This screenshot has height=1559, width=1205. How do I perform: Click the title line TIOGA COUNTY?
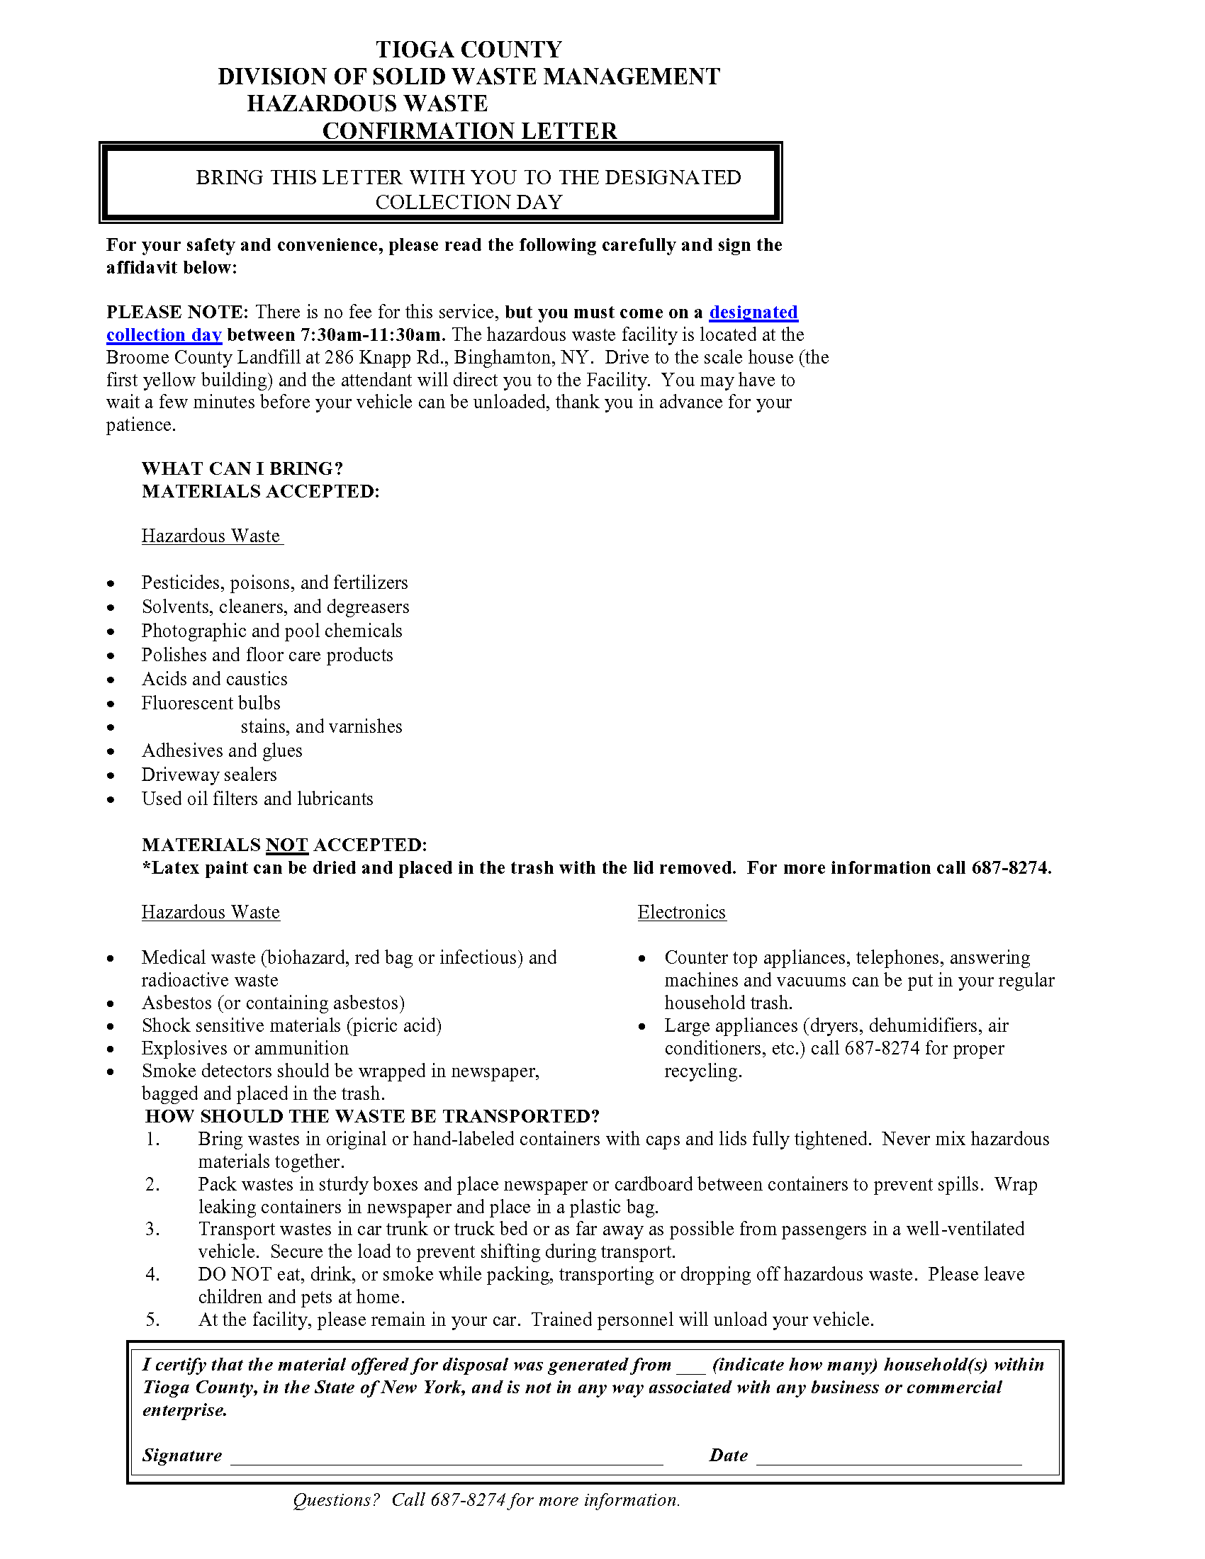click(469, 50)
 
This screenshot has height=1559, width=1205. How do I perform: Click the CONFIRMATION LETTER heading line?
click(469, 131)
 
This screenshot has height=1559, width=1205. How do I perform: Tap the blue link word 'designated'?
click(753, 313)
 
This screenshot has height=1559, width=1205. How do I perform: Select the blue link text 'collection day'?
click(164, 335)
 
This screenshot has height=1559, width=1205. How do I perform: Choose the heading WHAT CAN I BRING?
click(242, 469)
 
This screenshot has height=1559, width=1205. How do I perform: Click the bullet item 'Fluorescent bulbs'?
click(211, 703)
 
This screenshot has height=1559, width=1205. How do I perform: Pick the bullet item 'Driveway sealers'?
click(208, 775)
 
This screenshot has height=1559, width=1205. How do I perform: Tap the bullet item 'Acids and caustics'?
click(214, 679)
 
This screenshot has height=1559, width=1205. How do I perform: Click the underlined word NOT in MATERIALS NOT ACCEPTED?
click(286, 846)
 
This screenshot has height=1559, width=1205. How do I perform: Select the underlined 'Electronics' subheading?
click(682, 912)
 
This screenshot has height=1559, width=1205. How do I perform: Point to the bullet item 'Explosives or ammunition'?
click(245, 1049)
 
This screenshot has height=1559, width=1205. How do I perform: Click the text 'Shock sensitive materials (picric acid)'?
click(291, 1026)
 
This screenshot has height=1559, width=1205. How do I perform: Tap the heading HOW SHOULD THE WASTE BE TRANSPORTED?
click(372, 1116)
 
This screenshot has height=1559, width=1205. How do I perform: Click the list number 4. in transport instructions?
click(153, 1274)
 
